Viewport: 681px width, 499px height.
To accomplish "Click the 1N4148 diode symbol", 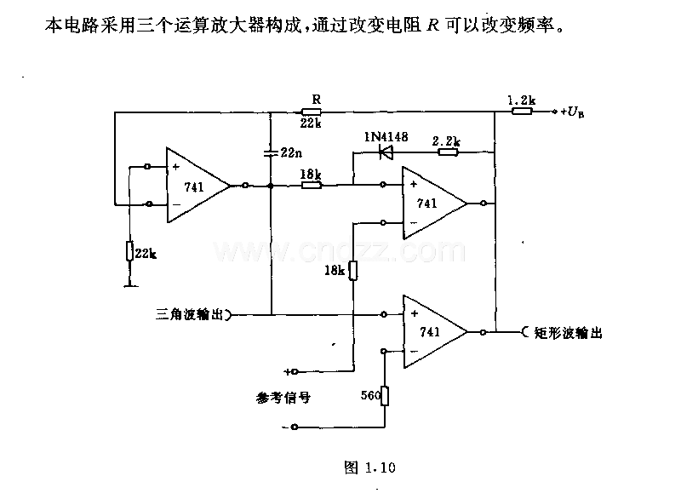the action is click(386, 152).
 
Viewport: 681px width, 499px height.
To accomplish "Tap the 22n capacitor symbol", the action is click(271, 153).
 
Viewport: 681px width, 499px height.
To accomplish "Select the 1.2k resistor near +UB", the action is click(522, 112).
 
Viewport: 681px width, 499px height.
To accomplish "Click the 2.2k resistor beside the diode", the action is click(448, 152).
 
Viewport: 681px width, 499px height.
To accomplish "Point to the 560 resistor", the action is click(385, 396).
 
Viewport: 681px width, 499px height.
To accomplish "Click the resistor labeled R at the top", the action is click(311, 112).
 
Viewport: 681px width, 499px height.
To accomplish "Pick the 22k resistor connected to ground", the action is click(129, 251).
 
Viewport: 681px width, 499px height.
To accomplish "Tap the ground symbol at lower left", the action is click(131, 286).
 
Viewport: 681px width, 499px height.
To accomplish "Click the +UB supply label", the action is click(572, 112).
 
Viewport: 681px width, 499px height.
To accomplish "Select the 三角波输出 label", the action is click(189, 314).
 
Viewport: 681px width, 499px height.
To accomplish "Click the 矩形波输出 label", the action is click(568, 333).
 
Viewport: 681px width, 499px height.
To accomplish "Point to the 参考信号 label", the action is click(283, 398).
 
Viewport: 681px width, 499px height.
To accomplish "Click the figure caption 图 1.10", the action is click(369, 467).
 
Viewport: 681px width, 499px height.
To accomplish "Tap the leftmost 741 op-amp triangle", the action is click(198, 186).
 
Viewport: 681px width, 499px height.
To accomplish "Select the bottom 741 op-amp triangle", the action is click(435, 332).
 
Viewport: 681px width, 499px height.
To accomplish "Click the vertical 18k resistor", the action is click(353, 271).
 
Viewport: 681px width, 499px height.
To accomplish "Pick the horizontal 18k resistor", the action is click(312, 186).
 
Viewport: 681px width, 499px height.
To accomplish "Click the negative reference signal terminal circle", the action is click(295, 427).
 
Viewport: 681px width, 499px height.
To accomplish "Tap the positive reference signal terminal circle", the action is click(295, 372).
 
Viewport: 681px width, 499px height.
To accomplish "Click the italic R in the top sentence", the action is click(433, 26).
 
